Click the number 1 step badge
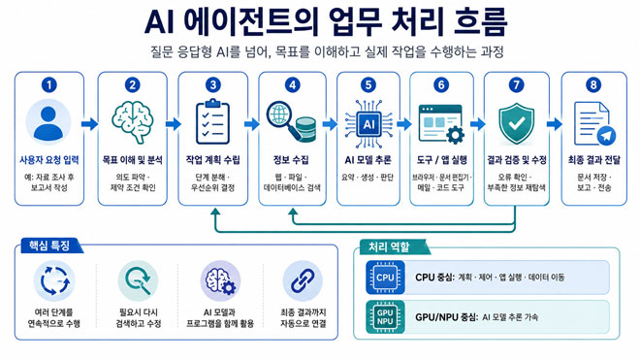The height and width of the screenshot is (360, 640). point(49,85)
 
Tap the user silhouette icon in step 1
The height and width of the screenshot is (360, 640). point(48,122)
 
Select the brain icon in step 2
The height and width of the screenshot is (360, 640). point(133,121)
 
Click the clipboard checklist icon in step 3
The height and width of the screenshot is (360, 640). point(212,121)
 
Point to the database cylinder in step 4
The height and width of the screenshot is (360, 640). point(306,129)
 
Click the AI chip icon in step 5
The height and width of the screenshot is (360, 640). point(368,124)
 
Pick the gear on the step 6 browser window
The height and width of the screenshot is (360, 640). point(455,135)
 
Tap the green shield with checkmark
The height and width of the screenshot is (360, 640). point(516,123)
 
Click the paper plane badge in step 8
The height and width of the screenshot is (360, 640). point(606,135)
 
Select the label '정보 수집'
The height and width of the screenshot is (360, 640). point(291,160)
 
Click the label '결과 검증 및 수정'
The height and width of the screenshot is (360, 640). point(517,160)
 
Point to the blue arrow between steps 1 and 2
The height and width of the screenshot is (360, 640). point(90,124)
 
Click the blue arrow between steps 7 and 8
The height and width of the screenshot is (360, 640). point(555,124)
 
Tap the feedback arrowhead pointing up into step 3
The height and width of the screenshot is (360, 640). point(215,213)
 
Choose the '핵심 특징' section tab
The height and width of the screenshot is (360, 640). point(49,246)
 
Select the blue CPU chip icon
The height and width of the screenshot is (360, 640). point(385,278)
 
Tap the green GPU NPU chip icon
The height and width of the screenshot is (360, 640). point(385,317)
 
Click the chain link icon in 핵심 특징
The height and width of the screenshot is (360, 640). point(303,281)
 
